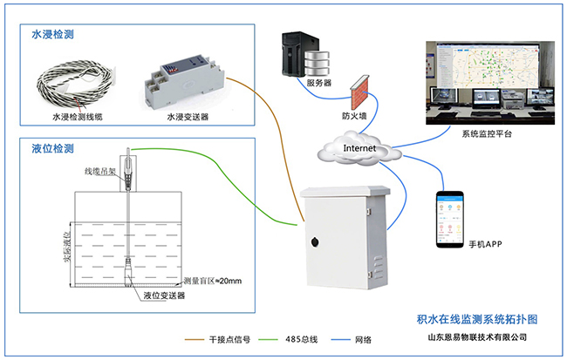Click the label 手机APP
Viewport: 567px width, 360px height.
(489, 243)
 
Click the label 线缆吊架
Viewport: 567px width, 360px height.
(102, 172)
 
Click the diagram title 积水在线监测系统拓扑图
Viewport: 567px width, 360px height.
(472, 320)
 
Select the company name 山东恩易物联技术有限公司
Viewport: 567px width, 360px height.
(472, 337)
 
